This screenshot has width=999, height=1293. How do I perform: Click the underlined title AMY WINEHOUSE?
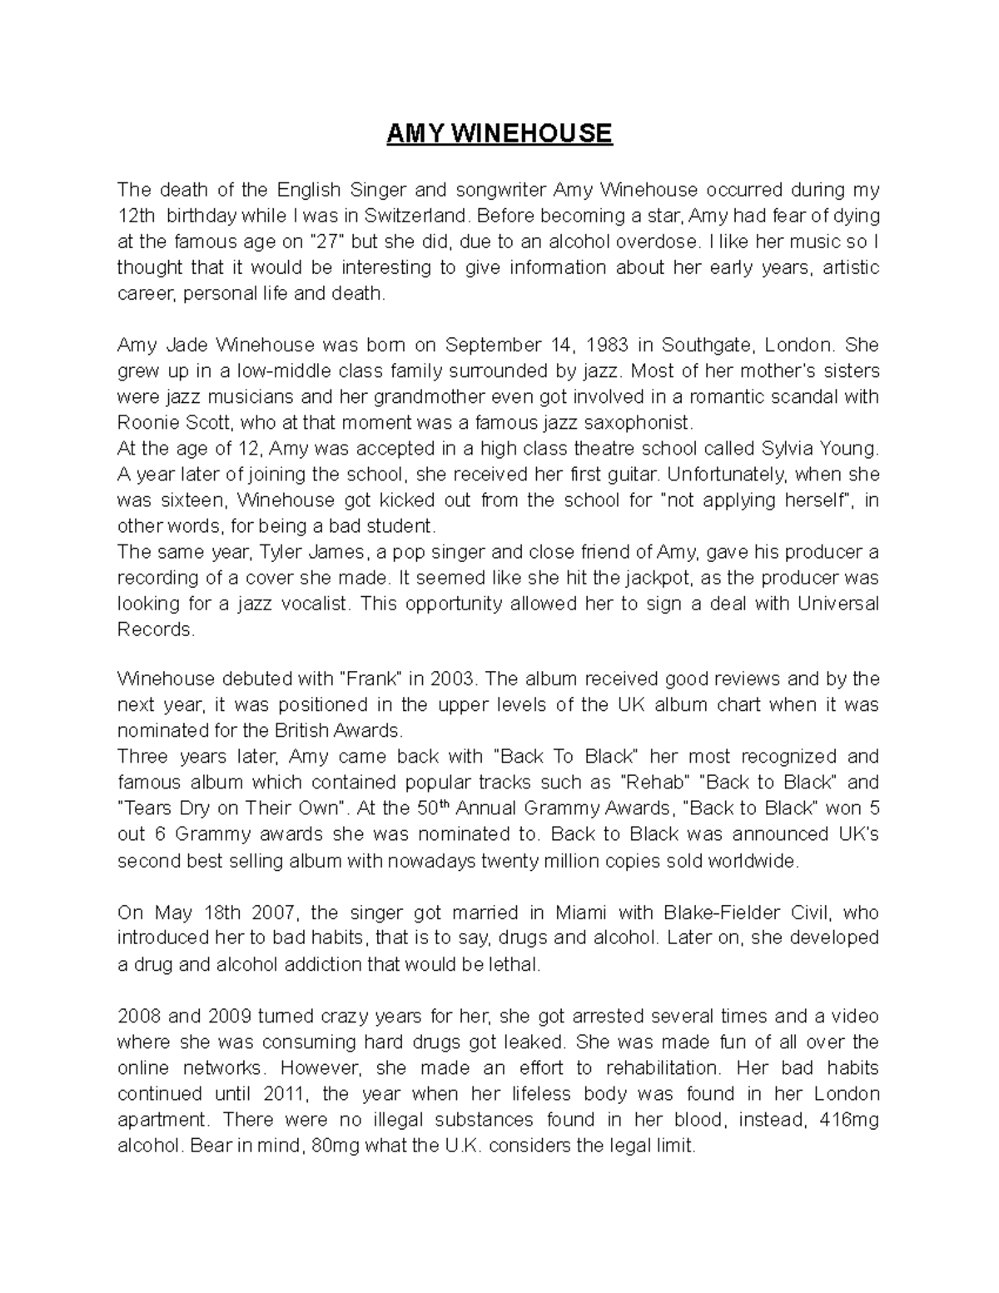point(499,133)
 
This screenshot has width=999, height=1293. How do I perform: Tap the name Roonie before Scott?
point(147,423)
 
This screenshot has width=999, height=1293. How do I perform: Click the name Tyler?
point(281,552)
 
